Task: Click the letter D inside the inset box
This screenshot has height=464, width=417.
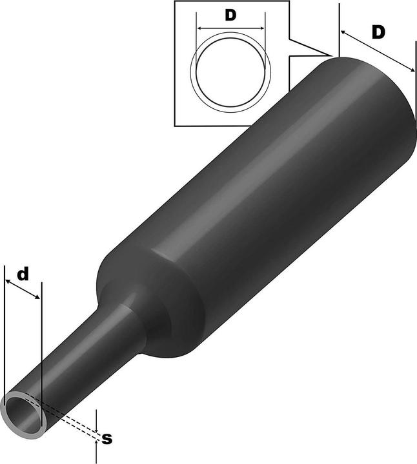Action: [x=230, y=16]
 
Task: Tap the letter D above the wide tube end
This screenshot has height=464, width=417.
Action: [x=379, y=32]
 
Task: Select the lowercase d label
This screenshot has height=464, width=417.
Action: [x=23, y=274]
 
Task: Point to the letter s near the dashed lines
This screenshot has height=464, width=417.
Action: [x=107, y=439]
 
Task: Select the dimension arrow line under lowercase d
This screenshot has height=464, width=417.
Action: [x=23, y=289]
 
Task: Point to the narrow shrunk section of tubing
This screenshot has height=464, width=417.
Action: [x=90, y=361]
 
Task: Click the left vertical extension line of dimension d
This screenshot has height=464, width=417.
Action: [x=5, y=322]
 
